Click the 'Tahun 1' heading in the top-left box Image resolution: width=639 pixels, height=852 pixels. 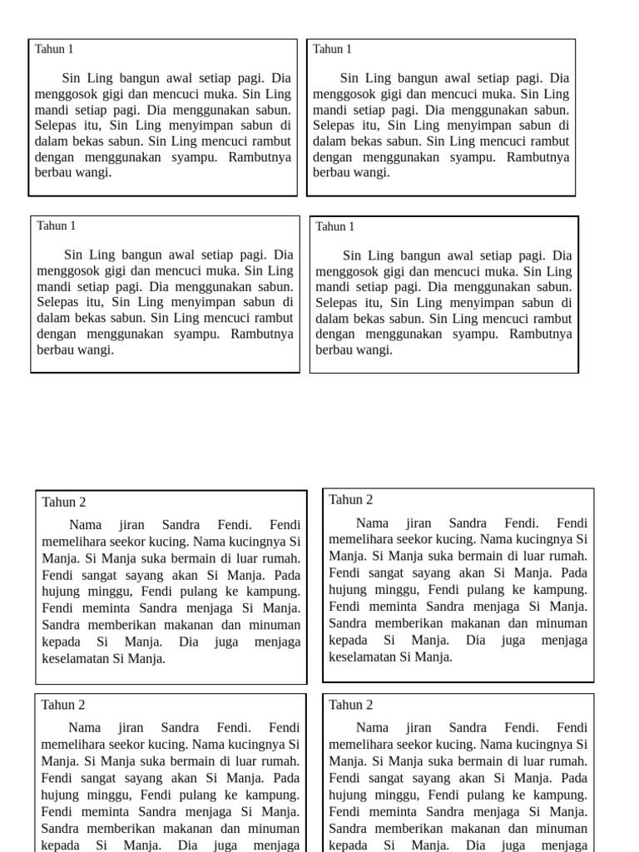(x=54, y=49)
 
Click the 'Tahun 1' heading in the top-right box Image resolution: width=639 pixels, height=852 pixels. (x=332, y=49)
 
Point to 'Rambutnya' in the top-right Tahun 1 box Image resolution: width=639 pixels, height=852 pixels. (x=538, y=157)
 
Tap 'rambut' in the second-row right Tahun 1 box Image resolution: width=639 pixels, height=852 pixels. (x=550, y=319)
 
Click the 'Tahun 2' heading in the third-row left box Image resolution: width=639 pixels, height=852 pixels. (x=64, y=502)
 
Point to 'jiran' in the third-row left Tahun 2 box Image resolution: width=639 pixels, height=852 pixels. (x=131, y=525)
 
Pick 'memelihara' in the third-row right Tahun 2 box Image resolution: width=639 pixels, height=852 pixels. (x=360, y=539)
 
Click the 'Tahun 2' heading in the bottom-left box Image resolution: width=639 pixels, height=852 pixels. (x=64, y=705)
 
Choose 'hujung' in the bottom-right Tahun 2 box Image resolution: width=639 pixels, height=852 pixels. (x=349, y=795)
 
